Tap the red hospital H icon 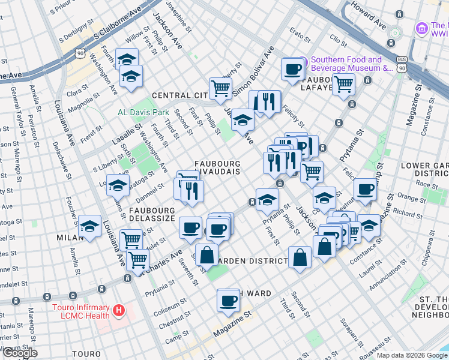click(x=119, y=310)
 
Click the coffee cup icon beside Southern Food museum click(x=292, y=69)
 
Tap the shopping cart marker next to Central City click(x=220, y=88)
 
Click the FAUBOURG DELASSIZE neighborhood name click(x=152, y=214)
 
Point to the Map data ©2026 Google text click(x=411, y=355)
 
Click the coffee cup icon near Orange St click(x=364, y=189)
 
